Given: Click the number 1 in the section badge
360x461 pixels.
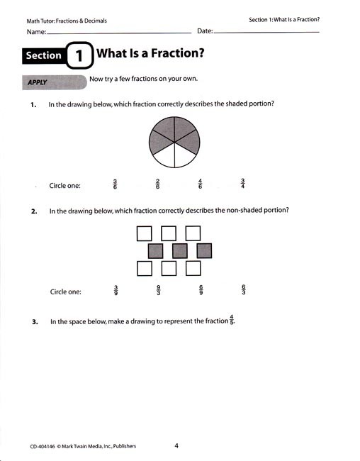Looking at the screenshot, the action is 79,55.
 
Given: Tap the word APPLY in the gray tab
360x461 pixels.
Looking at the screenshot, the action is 37,83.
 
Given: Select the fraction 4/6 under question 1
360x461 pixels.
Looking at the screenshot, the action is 201,184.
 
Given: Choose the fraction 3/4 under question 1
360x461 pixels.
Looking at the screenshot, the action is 243,184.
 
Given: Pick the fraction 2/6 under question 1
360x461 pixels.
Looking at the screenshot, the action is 157,184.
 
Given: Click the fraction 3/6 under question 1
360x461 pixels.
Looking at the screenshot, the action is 116,184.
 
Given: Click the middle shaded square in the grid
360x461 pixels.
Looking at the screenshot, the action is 179,250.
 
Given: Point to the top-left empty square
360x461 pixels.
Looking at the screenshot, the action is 144,233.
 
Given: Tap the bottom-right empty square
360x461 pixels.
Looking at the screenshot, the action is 193,268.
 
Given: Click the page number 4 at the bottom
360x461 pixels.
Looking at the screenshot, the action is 176,445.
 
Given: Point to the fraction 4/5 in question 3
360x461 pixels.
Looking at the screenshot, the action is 231,321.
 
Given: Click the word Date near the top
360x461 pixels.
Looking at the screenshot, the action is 204,32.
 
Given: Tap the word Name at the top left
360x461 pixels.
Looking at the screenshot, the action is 36,33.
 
